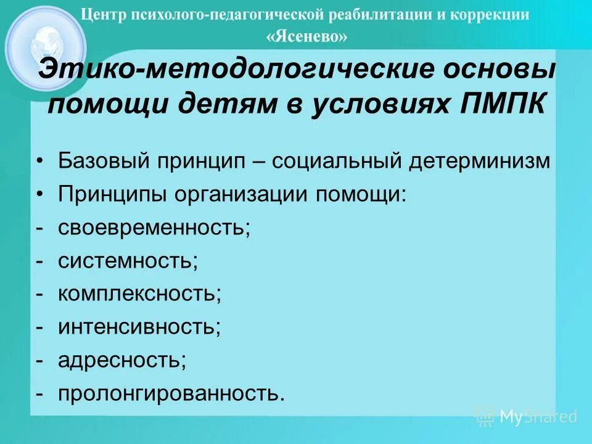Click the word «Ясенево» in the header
(x=306, y=37)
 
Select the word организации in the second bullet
(x=242, y=195)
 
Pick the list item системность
(x=128, y=260)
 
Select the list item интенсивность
(x=139, y=326)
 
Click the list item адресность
(x=122, y=360)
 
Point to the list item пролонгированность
(x=171, y=393)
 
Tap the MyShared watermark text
(x=538, y=417)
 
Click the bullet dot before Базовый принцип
(x=39, y=162)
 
